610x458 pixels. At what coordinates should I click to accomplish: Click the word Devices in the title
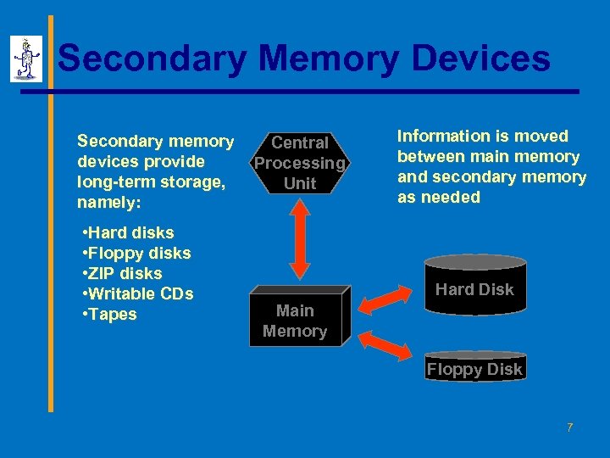[x=480, y=59]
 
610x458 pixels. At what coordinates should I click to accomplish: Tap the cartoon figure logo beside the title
[x=26, y=59]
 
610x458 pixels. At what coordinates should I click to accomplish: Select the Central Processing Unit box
[x=300, y=163]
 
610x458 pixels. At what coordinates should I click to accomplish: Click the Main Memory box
[x=296, y=321]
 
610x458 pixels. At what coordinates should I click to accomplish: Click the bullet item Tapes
[x=109, y=315]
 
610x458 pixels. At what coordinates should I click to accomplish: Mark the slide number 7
[x=570, y=427]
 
